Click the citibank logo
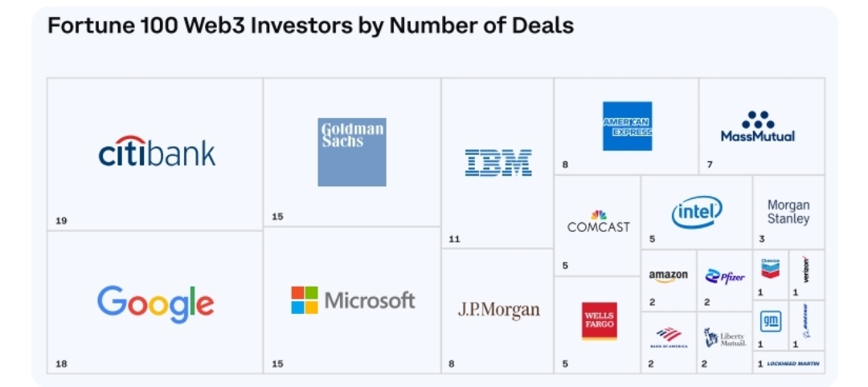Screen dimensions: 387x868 [157, 153]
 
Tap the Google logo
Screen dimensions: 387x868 [156, 303]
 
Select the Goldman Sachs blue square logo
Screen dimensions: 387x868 [352, 152]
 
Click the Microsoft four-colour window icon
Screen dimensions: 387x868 [305, 300]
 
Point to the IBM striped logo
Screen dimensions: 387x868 [498, 162]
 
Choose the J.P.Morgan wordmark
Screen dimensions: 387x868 [498, 310]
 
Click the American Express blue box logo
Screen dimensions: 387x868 [627, 126]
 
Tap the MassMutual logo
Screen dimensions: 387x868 [757, 127]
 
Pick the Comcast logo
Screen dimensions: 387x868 [598, 222]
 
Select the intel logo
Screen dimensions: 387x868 [697, 212]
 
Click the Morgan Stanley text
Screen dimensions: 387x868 [788, 212]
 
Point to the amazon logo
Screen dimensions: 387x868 [669, 275]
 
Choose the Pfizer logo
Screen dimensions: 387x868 [725, 276]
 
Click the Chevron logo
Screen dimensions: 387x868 [770, 267]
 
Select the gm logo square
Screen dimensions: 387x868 [771, 321]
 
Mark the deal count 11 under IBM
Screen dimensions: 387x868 [455, 238]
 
